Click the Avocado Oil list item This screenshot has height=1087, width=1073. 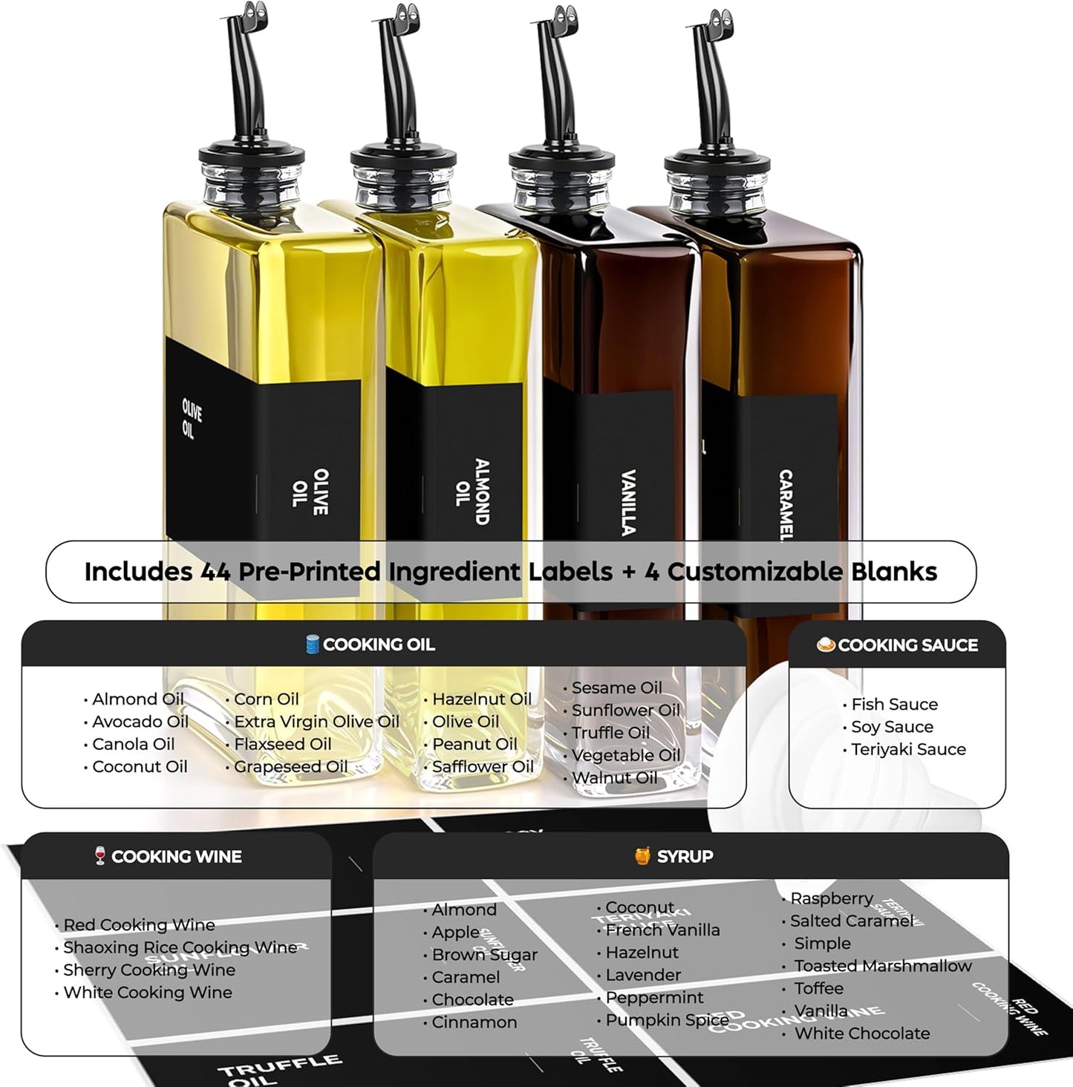point(140,722)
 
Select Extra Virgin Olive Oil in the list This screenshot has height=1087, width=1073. point(316,722)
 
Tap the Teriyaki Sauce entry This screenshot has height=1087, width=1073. point(908,749)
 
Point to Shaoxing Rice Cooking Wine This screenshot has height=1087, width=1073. point(180,947)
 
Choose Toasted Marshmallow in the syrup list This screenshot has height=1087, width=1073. point(882,966)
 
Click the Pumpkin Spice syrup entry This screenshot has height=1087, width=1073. point(667,1020)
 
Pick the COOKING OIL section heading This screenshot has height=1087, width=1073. point(378,644)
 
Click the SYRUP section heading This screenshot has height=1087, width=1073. point(684,856)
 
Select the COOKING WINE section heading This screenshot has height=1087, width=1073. point(176,856)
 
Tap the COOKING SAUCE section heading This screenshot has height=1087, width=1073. point(907,645)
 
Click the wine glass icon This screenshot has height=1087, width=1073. point(100,856)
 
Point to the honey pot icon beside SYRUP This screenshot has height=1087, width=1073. point(642,856)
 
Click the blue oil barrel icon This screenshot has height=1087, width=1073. point(313,644)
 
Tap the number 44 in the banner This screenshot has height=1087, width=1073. point(215,572)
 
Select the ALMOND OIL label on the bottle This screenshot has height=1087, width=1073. point(472,492)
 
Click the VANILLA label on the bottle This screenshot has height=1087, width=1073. point(628,502)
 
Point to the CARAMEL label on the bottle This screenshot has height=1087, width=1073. point(786,505)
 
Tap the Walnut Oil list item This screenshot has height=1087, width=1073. point(614,777)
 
